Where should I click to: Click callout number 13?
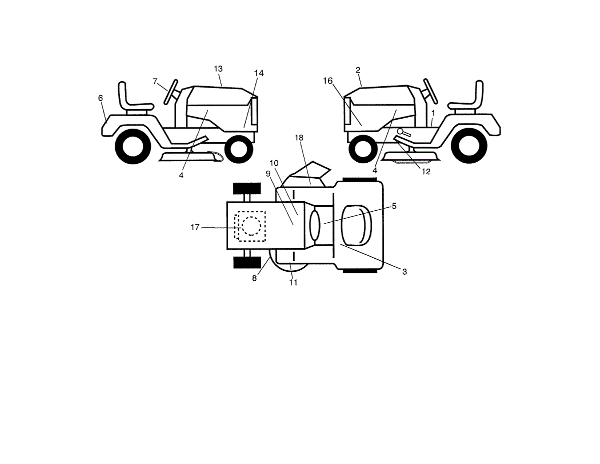[x=218, y=69]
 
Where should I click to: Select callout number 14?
[x=258, y=73]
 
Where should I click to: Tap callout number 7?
[x=155, y=81]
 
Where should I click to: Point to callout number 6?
[x=100, y=98]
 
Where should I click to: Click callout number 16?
[x=327, y=81]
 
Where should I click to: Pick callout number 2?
[x=358, y=70]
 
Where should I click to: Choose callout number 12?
[x=425, y=171]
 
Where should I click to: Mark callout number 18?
[x=299, y=137]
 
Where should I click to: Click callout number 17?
[x=195, y=227]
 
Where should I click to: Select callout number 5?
[x=394, y=206]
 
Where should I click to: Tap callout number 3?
[x=404, y=271]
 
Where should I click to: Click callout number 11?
[x=293, y=282]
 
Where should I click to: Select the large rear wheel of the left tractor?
[x=133, y=146]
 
